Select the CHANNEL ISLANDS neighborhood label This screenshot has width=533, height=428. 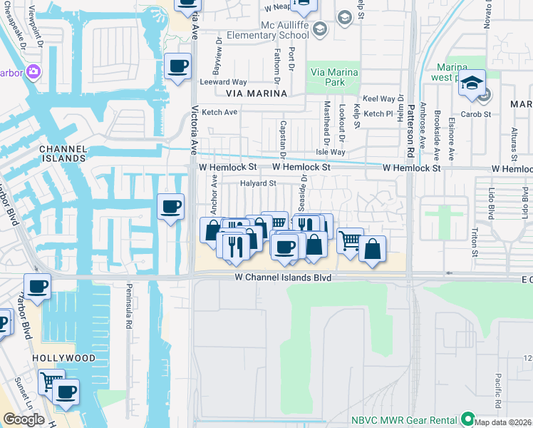pyautogui.click(x=63, y=154)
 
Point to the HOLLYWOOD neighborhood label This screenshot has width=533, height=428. pyautogui.click(x=63, y=357)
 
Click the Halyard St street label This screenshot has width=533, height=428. pyautogui.click(x=257, y=183)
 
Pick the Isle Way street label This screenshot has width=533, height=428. pyautogui.click(x=331, y=152)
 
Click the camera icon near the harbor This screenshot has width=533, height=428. pyautogui.click(x=33, y=71)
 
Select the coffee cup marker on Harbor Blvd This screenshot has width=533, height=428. pyautogui.click(x=37, y=287)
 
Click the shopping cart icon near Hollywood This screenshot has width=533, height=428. pyautogui.click(x=51, y=381)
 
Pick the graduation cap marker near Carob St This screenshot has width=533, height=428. pyautogui.click(x=471, y=83)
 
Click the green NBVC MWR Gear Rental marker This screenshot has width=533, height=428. pyautogui.click(x=467, y=418)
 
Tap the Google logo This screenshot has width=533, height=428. pyautogui.click(x=24, y=419)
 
